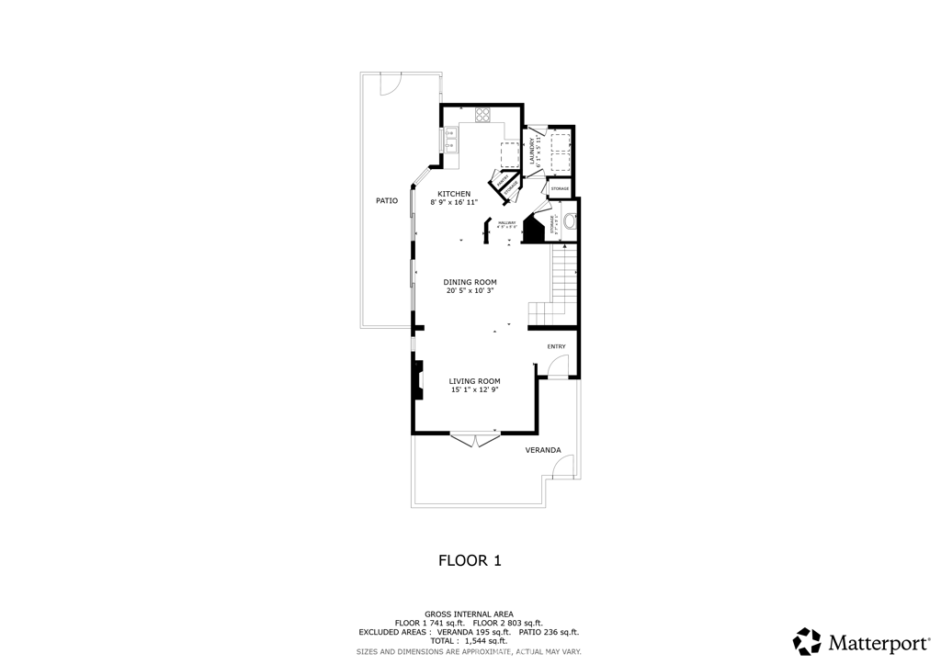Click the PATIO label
tap(387, 200)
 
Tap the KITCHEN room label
tap(454, 194)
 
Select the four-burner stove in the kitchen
tap(482, 115)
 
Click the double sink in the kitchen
tap(450, 140)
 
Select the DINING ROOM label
tap(470, 282)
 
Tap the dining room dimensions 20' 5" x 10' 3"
tap(470, 291)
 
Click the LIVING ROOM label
tap(474, 381)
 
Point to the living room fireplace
tap(418, 380)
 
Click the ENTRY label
tap(557, 346)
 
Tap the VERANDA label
tap(542, 450)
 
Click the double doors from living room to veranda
tap(475, 440)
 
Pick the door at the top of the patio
tap(389, 84)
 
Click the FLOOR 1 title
tap(469, 559)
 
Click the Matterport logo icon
tap(807, 640)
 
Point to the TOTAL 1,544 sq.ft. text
tap(469, 641)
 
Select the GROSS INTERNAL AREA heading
tap(469, 614)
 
